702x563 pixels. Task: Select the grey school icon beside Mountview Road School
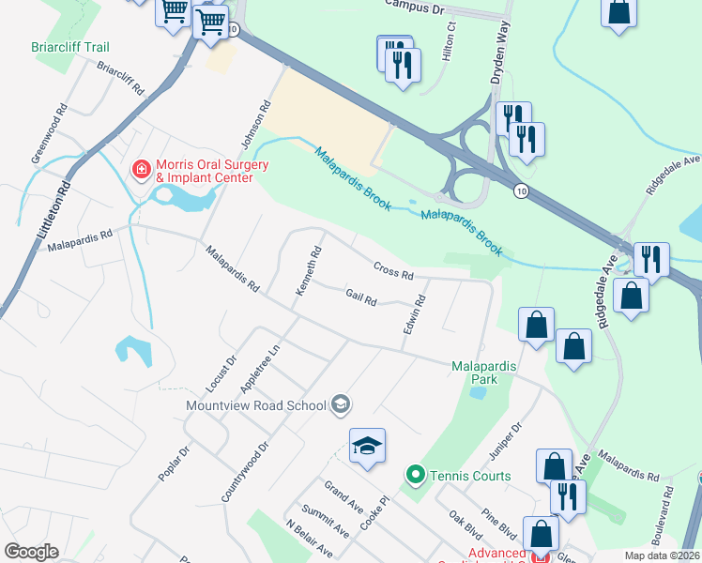click(x=341, y=404)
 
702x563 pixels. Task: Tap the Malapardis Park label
click(x=486, y=373)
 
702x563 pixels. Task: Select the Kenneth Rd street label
click(x=309, y=271)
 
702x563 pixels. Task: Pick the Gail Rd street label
click(x=360, y=297)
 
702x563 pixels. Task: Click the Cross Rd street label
click(x=393, y=270)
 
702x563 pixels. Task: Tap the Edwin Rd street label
click(x=415, y=316)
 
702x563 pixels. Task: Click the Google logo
click(x=31, y=552)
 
